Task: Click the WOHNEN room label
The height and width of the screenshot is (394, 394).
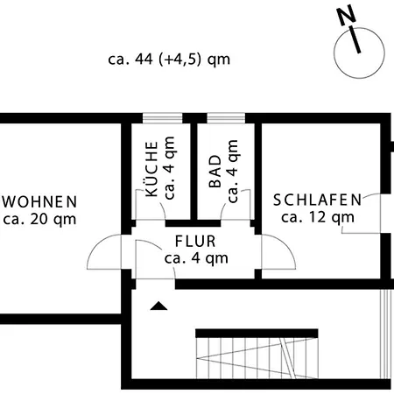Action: pos(40,201)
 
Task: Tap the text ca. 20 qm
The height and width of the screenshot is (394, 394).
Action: pos(40,219)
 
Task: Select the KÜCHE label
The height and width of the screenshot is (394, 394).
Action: pos(151,168)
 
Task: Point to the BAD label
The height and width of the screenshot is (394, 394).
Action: pos(215,171)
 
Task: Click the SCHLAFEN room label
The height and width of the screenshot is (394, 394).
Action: pos(317,200)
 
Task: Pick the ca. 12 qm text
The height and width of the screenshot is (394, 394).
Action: pos(318,217)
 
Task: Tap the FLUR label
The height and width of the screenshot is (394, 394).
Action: pos(195,242)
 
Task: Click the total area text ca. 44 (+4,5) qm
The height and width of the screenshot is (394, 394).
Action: pos(169,60)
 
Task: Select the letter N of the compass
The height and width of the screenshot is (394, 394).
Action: pos(347,16)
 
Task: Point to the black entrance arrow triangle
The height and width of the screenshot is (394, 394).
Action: pos(158,306)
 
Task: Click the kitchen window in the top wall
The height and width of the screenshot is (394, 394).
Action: pos(163,118)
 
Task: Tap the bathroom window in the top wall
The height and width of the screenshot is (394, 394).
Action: pos(226,118)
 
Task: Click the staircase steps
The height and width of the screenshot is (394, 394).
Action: pos(257,358)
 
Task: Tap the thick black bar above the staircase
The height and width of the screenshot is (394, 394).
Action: pos(257,334)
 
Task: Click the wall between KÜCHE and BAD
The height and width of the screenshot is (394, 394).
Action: pos(193,172)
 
